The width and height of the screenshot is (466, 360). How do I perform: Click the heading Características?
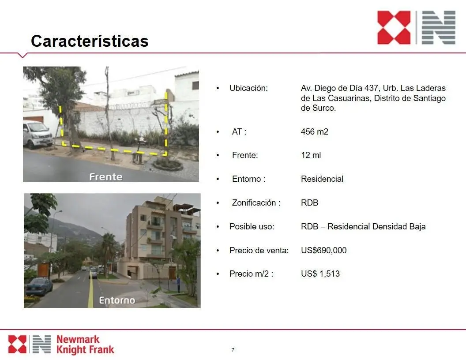[x=90, y=41]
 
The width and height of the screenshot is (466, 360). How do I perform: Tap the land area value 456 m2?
[x=315, y=131]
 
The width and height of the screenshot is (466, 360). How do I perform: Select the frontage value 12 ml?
[x=311, y=155]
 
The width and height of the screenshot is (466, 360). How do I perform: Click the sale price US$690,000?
[x=323, y=250]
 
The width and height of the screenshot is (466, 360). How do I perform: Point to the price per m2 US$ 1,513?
[x=320, y=274]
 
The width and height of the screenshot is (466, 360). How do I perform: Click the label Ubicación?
[x=248, y=88]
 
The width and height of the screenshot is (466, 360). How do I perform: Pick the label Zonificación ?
[x=256, y=202]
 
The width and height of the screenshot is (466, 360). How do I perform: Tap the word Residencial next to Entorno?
[x=322, y=179]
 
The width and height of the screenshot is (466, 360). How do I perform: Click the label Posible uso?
[x=252, y=227]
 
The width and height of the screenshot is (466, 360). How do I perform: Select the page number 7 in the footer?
[x=233, y=349]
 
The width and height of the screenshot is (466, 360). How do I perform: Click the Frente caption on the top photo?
[x=106, y=177]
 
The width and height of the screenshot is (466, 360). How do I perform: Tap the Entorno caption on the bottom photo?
[x=117, y=300]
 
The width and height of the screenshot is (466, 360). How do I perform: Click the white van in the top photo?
[x=37, y=134]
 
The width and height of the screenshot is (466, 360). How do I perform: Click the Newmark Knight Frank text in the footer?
[x=85, y=345]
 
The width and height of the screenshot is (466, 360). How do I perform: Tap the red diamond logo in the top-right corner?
[x=394, y=28]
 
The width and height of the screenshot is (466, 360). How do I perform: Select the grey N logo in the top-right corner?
[x=439, y=28]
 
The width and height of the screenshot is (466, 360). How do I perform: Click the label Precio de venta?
[x=259, y=251]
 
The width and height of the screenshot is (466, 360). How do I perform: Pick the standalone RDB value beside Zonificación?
[x=310, y=202]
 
